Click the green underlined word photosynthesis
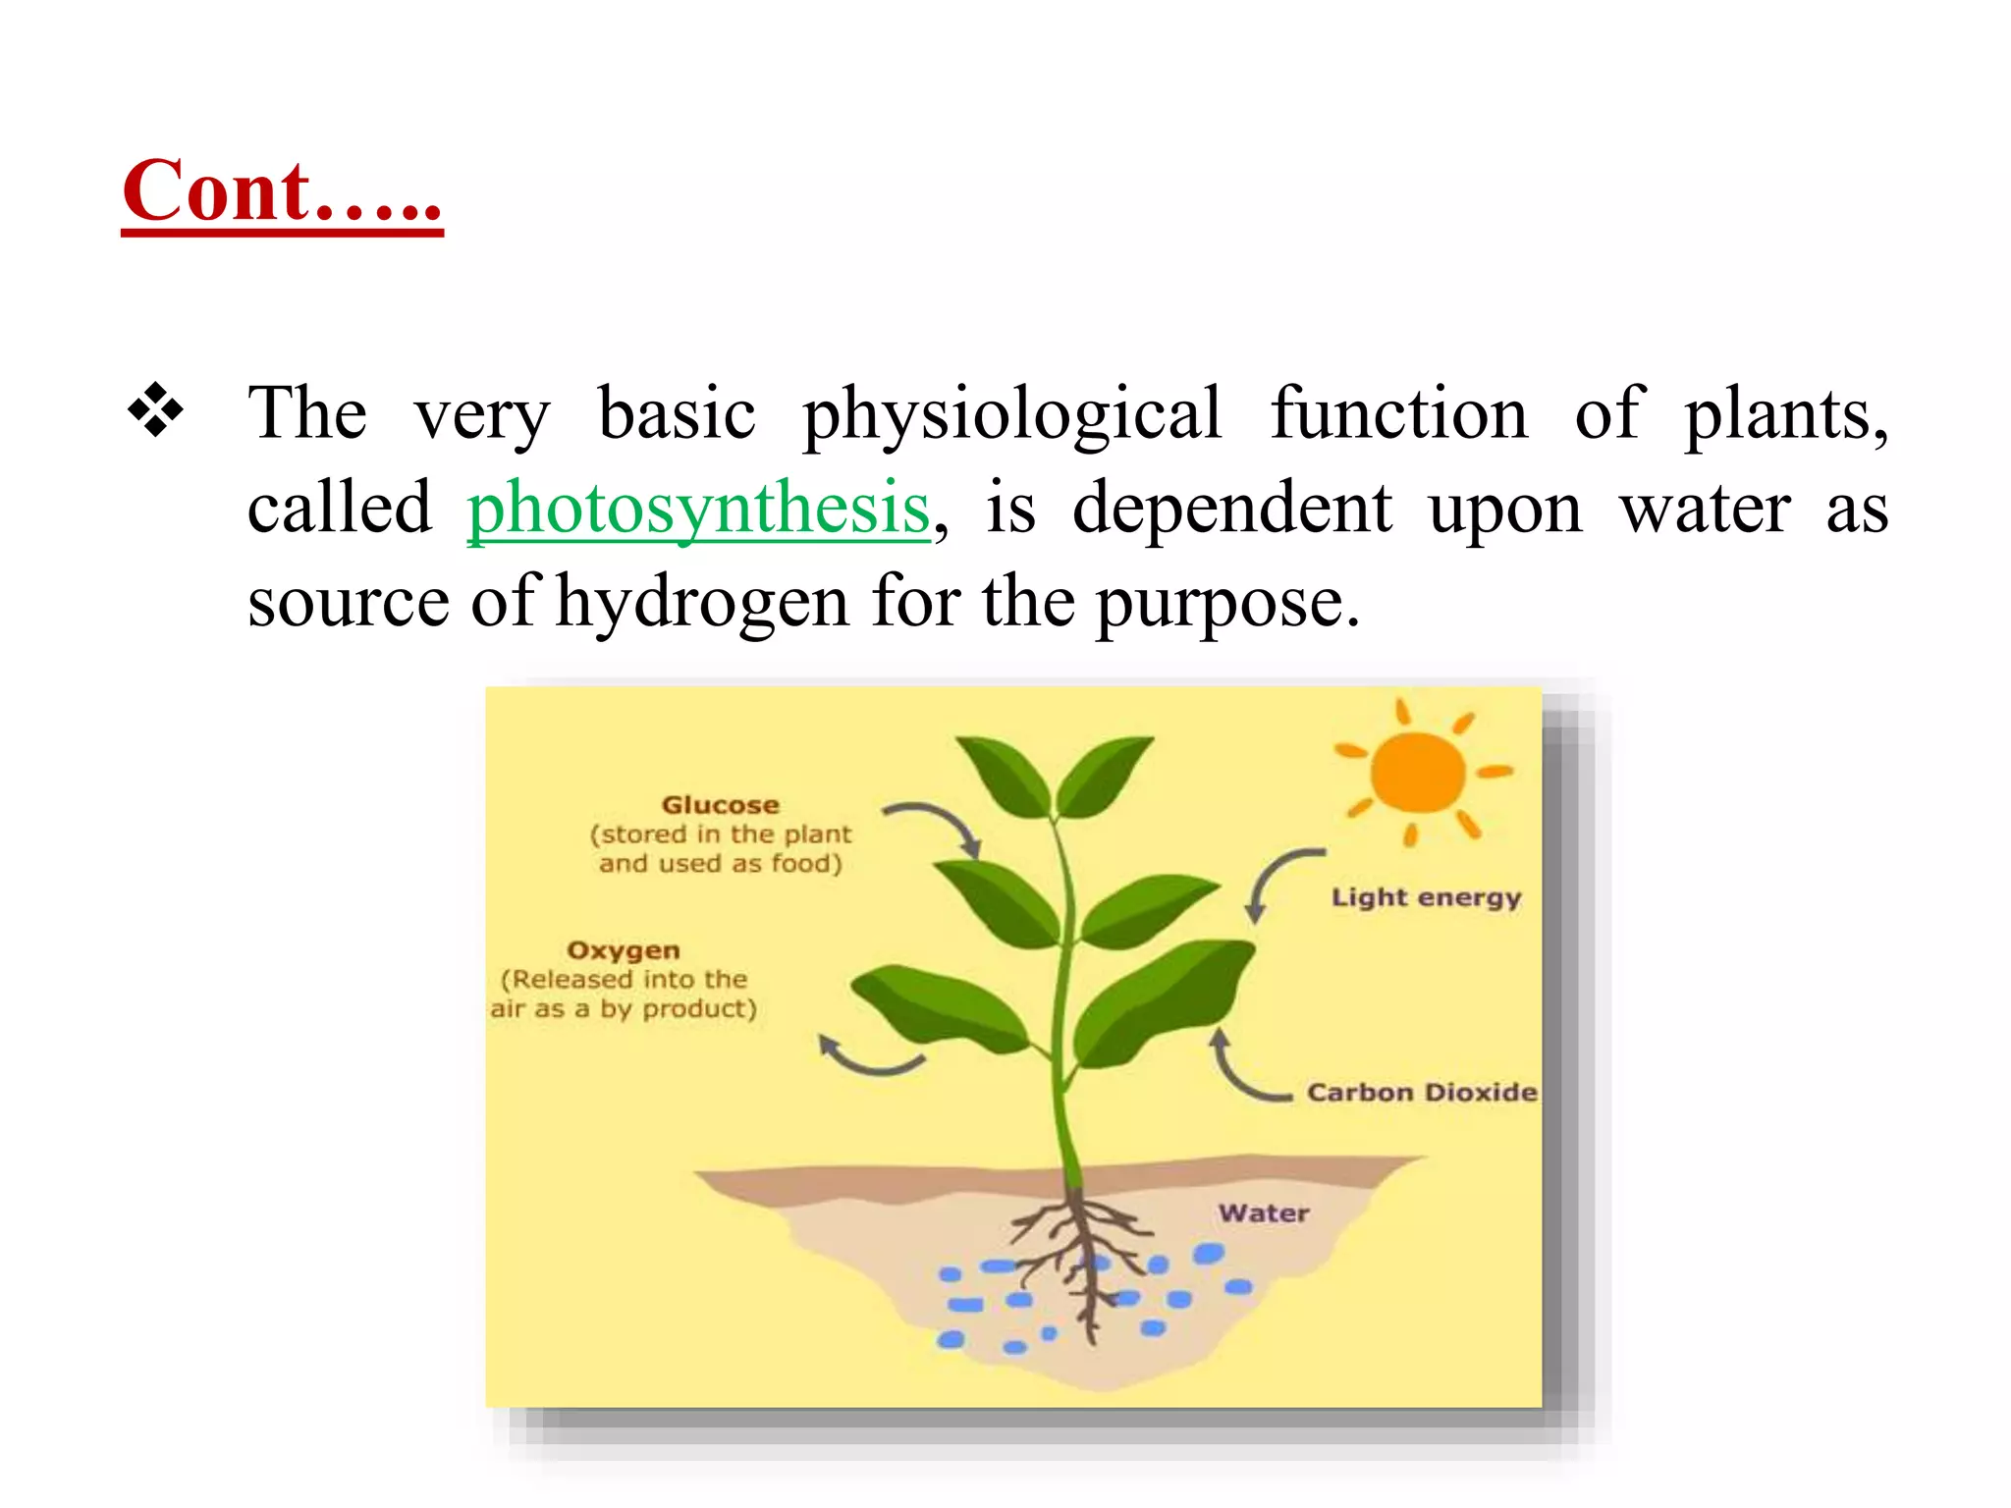pos(698,509)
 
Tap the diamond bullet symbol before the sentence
pos(156,410)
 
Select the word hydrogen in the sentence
pos(702,601)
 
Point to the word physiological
pos(1012,414)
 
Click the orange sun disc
pos(1417,774)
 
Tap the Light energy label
pos(1426,897)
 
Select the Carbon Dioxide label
pos(1421,1092)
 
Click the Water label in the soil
pos(1264,1213)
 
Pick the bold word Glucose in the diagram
pos(720,805)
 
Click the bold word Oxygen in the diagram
pos(624,950)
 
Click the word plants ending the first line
pos(1785,414)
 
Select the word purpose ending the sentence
pos(1226,603)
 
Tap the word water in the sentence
pos(1705,509)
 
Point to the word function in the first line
pos(1399,414)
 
